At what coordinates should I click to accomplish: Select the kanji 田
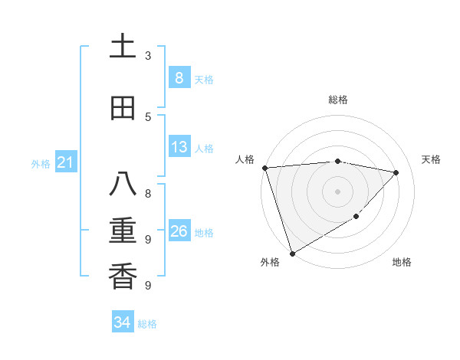pyautogui.click(x=123, y=108)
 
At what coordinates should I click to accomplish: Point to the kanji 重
pyautogui.click(x=123, y=231)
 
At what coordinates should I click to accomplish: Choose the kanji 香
pyautogui.click(x=123, y=275)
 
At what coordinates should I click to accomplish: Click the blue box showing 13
pyautogui.click(x=179, y=147)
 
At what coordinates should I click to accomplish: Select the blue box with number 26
pyautogui.click(x=179, y=231)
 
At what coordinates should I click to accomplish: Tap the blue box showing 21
pyautogui.click(x=65, y=162)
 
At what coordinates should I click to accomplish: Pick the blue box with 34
pyautogui.click(x=122, y=322)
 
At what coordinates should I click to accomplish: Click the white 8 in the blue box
pyautogui.click(x=179, y=78)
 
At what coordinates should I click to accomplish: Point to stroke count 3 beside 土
pyautogui.click(x=148, y=56)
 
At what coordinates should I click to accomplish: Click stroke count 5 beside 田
pyautogui.click(x=148, y=116)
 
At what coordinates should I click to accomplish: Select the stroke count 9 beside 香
pyautogui.click(x=148, y=285)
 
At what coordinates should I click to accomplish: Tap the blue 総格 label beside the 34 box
pyautogui.click(x=147, y=324)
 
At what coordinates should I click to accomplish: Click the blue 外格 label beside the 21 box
pyautogui.click(x=41, y=164)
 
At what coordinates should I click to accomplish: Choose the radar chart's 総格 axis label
pyautogui.click(x=337, y=100)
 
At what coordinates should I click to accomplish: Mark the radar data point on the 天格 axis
pyautogui.click(x=396, y=172)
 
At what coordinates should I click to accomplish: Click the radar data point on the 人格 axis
pyautogui.click(x=264, y=168)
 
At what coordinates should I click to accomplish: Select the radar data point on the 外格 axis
pyautogui.click(x=291, y=254)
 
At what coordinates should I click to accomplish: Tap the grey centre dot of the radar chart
pyautogui.click(x=337, y=191)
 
